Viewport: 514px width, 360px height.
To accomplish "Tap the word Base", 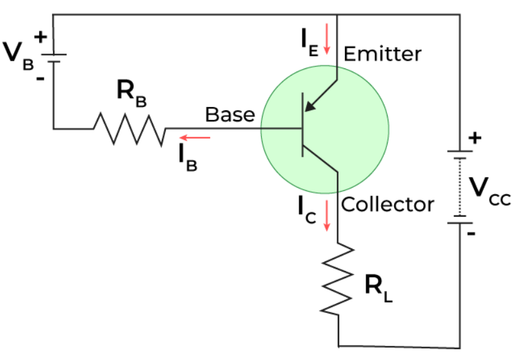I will click(x=230, y=115).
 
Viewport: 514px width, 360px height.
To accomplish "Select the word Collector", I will click(x=388, y=205).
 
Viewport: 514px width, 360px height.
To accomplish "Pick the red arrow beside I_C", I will click(x=327, y=215).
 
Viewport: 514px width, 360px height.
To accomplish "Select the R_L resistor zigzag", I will click(x=337, y=278).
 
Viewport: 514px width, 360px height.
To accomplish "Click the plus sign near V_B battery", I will click(x=41, y=37).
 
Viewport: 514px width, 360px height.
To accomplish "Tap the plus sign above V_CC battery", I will click(x=476, y=137).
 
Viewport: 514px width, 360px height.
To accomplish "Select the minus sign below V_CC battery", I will click(x=471, y=234).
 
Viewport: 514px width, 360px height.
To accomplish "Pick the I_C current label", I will click(x=306, y=209).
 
